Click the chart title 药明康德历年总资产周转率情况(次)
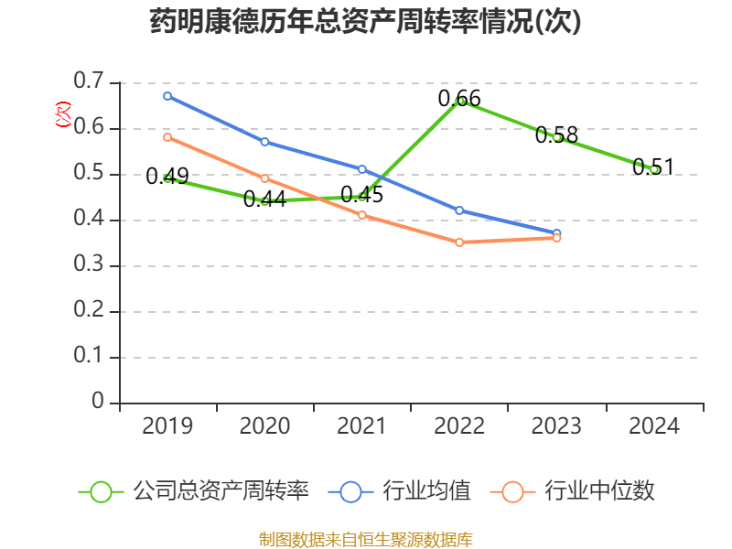pos(366,22)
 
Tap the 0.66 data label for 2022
pos(459,98)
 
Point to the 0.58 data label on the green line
pos(556,135)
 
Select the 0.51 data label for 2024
pos(653,167)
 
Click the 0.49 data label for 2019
pos(167,177)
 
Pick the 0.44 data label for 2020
pos(264,199)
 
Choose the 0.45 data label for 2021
pos(361,195)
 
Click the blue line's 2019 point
pos(167,95)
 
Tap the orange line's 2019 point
pos(167,137)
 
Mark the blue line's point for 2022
pos(459,210)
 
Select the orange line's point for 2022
pos(459,242)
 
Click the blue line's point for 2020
pos(264,142)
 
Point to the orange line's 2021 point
pos(362,215)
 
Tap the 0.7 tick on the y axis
pos(89,83)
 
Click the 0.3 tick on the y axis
pos(89,266)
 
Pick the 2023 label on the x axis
pos(556,426)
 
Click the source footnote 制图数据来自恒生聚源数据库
pos(366,539)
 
